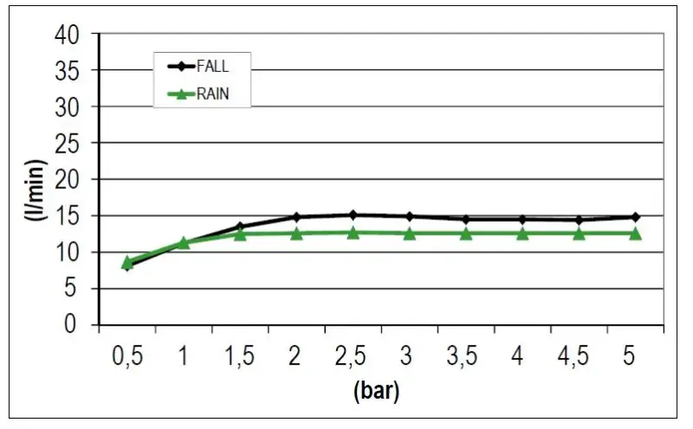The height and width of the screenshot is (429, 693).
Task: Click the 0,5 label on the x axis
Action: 127,356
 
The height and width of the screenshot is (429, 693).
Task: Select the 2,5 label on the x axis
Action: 353,356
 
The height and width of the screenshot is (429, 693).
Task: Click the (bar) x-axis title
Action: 377,392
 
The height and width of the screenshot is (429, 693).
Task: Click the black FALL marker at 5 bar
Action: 635,217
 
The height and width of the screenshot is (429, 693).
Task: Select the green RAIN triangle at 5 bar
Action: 635,233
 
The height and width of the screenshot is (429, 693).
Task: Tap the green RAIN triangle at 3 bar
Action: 410,233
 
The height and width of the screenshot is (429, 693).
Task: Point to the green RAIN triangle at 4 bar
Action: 522,233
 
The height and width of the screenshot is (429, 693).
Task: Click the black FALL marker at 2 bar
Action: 296,217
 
